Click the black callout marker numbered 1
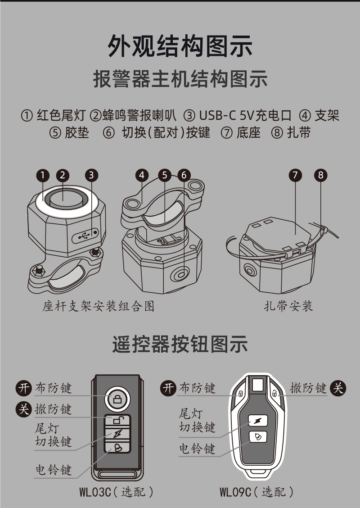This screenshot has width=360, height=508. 43,175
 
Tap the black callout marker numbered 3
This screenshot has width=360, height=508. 91,175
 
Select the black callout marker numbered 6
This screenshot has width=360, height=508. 184,175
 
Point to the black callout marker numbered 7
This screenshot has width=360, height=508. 295,175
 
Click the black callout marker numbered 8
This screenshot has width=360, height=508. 320,175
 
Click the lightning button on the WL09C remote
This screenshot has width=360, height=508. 258,421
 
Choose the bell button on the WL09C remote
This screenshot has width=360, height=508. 258,437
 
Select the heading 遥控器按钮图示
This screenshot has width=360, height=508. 180,344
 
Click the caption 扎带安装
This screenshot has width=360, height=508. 288,306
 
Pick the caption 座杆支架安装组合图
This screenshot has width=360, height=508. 98,306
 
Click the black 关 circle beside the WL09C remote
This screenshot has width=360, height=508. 338,388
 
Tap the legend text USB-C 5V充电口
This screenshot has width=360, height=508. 245,115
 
